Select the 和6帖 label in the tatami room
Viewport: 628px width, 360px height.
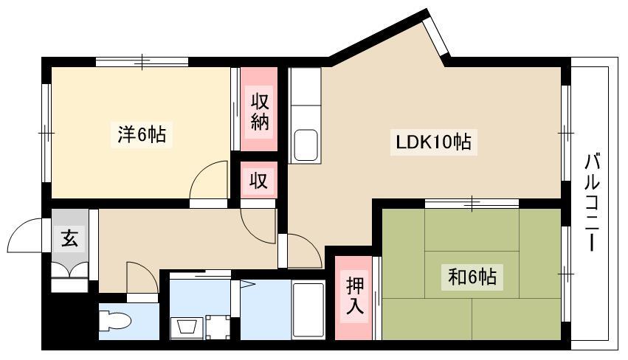472,277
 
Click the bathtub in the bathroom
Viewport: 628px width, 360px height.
308,309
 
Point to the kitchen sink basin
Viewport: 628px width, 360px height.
306,144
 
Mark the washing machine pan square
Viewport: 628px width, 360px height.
217,325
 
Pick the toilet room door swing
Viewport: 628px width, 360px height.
142,278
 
